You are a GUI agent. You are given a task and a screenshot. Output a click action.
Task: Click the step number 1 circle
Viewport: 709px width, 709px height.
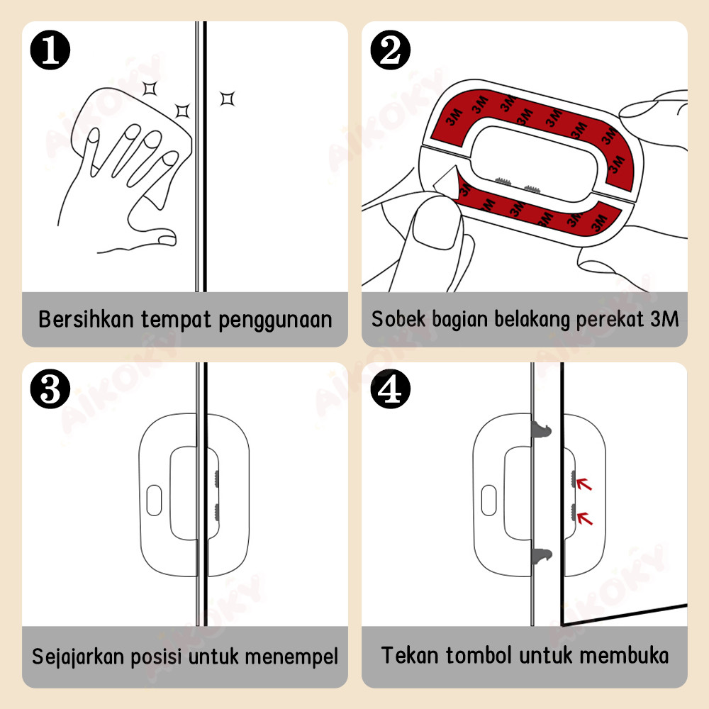coord(50,50)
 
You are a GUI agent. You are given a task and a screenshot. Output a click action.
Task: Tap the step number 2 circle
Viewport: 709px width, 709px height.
coord(391,50)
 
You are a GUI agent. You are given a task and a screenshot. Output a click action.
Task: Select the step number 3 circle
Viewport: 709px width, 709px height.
coord(50,390)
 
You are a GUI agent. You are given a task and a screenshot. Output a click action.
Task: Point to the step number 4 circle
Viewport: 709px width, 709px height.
coord(391,390)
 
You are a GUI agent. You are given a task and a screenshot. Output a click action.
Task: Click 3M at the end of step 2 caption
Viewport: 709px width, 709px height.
coord(664,319)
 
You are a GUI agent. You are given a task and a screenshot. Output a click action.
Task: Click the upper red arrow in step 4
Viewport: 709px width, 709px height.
coord(584,484)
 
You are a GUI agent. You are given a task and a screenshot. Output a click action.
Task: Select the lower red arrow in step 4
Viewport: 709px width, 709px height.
coord(584,519)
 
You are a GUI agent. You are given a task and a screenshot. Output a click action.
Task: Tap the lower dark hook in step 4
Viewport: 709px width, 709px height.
coord(541,557)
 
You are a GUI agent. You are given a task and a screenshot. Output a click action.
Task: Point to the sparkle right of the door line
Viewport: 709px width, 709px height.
coord(226,98)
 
